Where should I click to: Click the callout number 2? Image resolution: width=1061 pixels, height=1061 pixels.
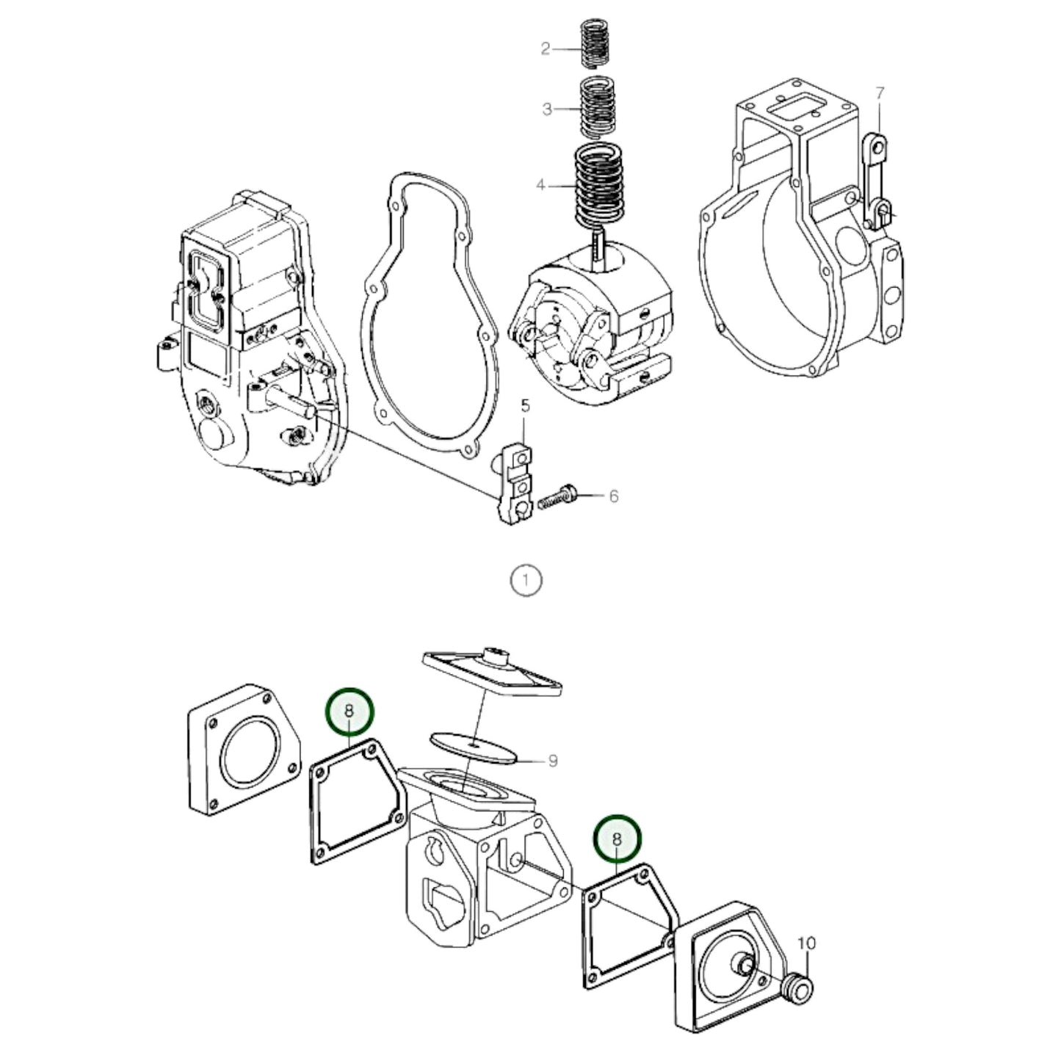[x=545, y=49]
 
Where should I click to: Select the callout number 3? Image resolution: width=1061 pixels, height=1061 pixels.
[x=547, y=109]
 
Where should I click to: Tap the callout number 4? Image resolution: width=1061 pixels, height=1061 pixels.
[x=541, y=185]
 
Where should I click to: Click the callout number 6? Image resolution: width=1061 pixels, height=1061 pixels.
[x=613, y=496]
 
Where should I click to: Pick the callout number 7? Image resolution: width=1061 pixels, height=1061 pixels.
[x=880, y=94]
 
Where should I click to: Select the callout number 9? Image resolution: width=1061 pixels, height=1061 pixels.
[x=552, y=761]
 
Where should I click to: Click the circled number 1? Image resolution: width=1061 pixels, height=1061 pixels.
[x=526, y=580]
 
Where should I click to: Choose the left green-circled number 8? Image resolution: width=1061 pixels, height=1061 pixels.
[x=350, y=711]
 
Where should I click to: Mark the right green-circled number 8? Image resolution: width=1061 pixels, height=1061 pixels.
[x=618, y=837]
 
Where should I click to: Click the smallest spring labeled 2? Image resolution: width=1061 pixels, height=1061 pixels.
[x=596, y=46]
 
